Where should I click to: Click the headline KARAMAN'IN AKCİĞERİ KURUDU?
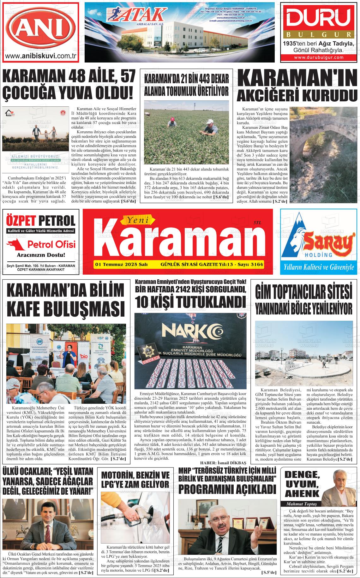point(297,86)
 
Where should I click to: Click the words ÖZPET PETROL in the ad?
point(41,221)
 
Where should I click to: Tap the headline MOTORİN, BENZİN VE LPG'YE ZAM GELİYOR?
point(135,480)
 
